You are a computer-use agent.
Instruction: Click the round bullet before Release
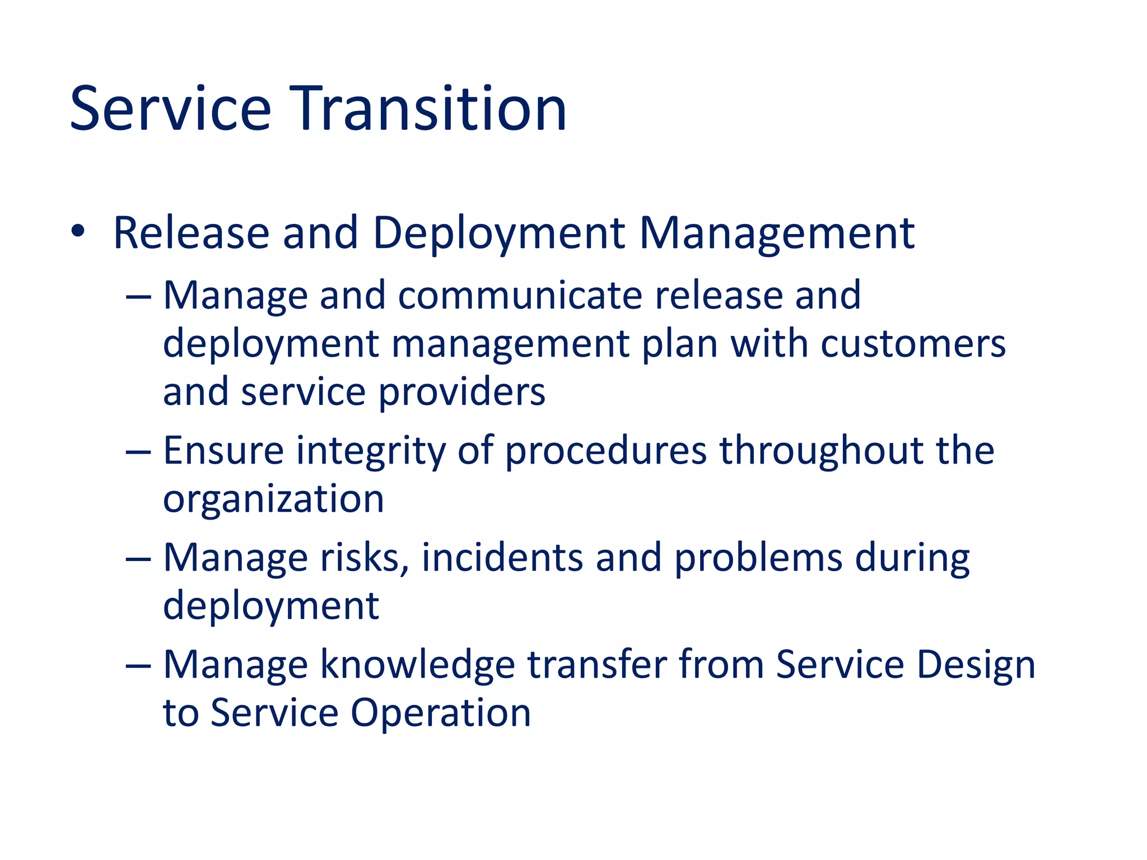point(78,231)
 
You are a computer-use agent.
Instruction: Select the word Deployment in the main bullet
point(498,233)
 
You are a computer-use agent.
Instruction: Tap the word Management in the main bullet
point(777,233)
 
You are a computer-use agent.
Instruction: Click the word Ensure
point(223,450)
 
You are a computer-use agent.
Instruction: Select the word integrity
point(371,451)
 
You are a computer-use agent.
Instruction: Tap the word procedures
point(606,451)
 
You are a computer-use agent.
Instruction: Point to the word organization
point(273,499)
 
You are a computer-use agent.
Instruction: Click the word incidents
point(502,558)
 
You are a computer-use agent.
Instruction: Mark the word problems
point(758,559)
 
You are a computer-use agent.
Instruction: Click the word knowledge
point(417,665)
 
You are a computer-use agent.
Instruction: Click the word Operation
point(441,713)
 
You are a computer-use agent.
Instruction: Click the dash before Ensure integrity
point(138,451)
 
